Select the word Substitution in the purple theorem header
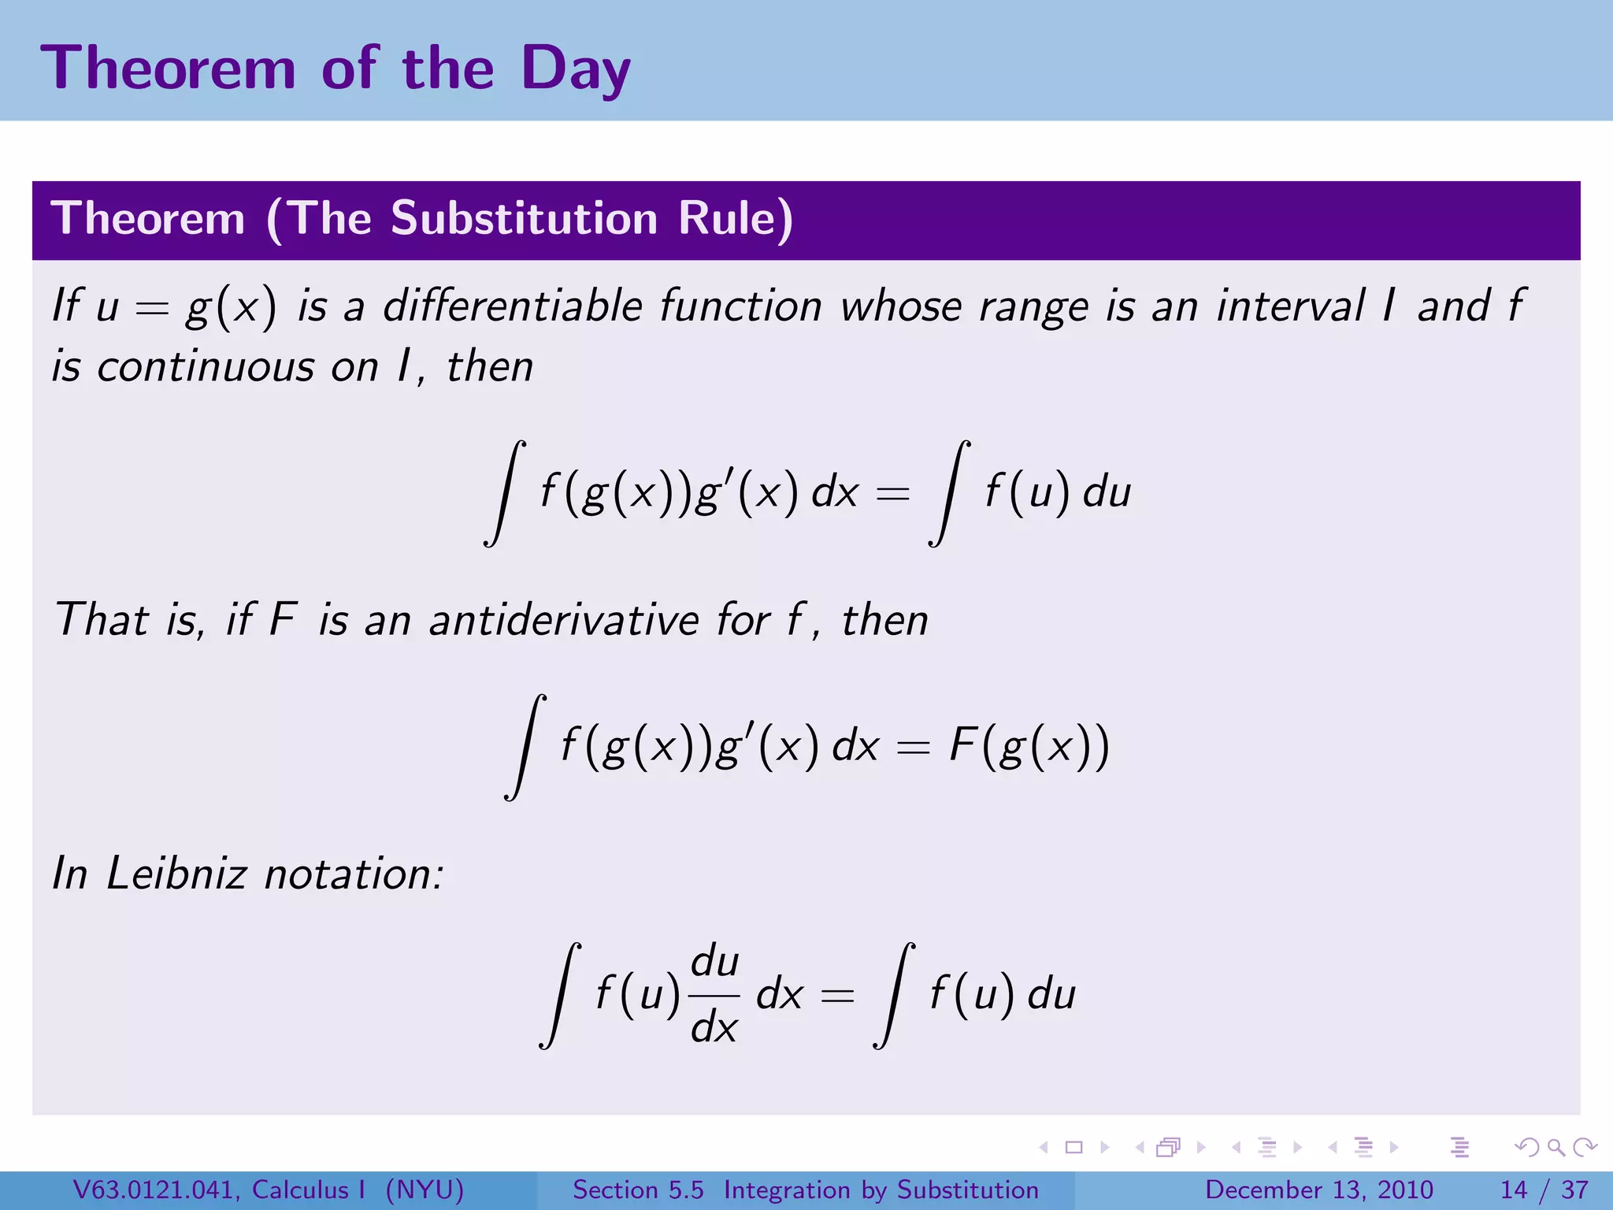(x=524, y=218)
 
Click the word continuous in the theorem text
(x=206, y=367)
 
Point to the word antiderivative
(x=563, y=620)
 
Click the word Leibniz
(x=176, y=874)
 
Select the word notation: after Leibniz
(x=354, y=874)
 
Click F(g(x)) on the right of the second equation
(x=1029, y=745)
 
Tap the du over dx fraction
(x=714, y=994)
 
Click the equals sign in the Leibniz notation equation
(x=836, y=997)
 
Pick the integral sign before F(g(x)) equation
(x=526, y=747)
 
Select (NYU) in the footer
(x=425, y=1190)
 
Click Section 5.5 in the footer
(x=638, y=1190)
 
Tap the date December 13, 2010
(x=1318, y=1190)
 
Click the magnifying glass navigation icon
(x=1556, y=1147)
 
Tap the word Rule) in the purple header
(x=736, y=218)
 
